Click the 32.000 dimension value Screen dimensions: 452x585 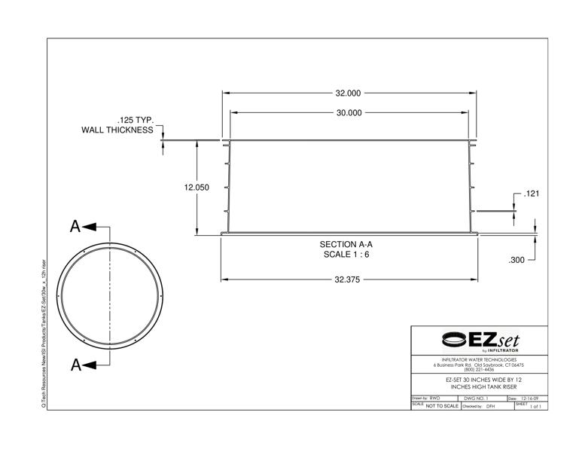click(x=348, y=93)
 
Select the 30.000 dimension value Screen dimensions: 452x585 click(x=348, y=113)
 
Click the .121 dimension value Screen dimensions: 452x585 click(x=532, y=194)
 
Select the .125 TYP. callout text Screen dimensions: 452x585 click(x=135, y=121)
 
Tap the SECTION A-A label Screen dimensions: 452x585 click(x=346, y=244)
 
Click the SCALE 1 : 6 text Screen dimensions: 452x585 click(x=346, y=255)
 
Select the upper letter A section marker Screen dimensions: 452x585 click(x=75, y=226)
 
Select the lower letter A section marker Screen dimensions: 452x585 click(x=75, y=365)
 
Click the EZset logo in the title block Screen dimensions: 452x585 click(x=480, y=341)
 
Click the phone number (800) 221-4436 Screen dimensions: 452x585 click(x=480, y=369)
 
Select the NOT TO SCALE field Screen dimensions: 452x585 click(x=442, y=406)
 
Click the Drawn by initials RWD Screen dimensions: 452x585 click(x=435, y=398)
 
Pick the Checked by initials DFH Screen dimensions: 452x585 click(x=491, y=406)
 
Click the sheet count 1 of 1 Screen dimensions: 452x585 click(x=535, y=406)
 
